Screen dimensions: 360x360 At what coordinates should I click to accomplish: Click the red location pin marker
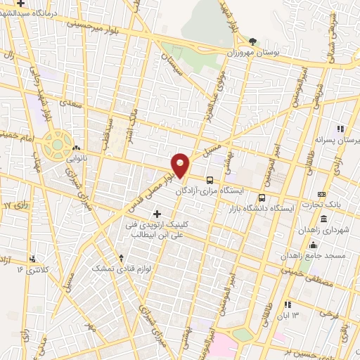180,165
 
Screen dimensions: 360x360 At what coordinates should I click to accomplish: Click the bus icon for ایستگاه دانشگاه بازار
262,178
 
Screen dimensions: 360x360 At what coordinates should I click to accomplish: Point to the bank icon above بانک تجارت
322,194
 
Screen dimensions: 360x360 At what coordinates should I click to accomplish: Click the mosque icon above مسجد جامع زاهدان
313,245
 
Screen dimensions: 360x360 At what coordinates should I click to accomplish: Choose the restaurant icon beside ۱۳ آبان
288,304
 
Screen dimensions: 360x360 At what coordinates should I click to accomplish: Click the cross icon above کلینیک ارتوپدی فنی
156,213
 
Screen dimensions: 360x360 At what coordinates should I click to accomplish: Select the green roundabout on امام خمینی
56,145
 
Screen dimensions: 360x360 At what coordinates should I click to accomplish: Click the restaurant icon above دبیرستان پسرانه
340,129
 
